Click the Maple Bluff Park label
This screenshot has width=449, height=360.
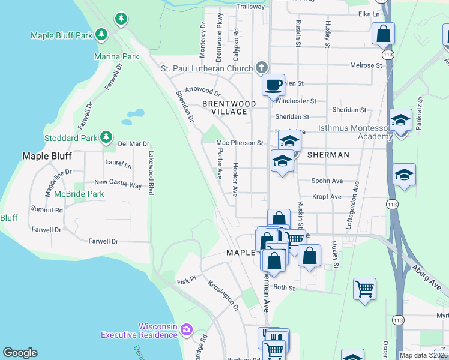[x=61, y=35]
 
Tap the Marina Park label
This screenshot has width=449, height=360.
[x=116, y=56]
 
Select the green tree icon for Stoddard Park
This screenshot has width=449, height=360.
[x=106, y=137]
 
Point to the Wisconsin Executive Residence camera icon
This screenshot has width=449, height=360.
[x=187, y=329]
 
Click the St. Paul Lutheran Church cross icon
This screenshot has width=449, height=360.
[x=261, y=67]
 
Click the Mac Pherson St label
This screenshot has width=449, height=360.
[x=240, y=143]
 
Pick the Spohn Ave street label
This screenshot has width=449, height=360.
[x=327, y=181]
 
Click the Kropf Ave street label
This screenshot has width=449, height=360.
[x=327, y=196]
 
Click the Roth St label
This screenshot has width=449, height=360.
[x=285, y=288]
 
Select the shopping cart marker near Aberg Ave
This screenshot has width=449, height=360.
[x=364, y=289]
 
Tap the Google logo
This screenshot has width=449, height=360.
[x=20, y=353]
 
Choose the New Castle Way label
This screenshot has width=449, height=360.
[x=118, y=184]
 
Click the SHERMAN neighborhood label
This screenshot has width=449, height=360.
[x=328, y=155]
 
